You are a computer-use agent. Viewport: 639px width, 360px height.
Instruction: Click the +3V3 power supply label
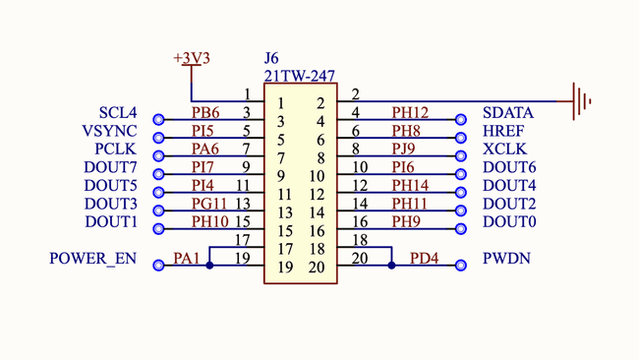click(192, 58)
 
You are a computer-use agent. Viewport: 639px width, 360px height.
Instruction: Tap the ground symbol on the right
click(580, 99)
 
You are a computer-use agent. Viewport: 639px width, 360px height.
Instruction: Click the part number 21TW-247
click(299, 76)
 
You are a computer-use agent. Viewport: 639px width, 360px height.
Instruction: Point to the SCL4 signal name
click(117, 113)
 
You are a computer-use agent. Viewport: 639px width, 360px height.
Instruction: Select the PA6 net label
click(205, 149)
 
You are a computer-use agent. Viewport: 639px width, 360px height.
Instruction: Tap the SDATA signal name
click(508, 113)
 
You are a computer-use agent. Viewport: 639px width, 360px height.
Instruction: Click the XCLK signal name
click(504, 150)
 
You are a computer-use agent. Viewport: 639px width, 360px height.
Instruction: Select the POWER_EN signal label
click(92, 260)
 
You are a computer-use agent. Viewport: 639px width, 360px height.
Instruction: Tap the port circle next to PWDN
click(458, 265)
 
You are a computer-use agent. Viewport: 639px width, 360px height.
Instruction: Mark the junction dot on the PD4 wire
click(390, 265)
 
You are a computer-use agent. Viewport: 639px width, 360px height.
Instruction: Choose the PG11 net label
click(208, 204)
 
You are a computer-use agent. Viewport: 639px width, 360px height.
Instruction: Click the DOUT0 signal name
click(509, 222)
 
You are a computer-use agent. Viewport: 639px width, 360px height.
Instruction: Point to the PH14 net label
click(410, 185)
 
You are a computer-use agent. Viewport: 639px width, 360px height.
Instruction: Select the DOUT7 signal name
click(111, 167)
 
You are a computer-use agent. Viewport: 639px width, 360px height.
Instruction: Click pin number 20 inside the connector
click(316, 268)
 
